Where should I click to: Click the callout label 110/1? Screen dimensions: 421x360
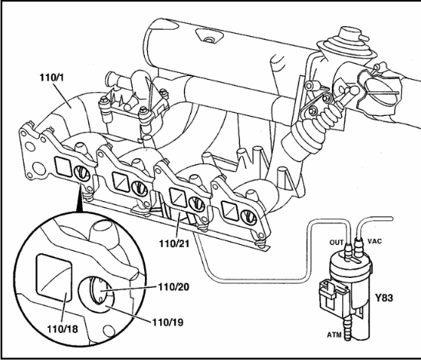[x=52, y=78]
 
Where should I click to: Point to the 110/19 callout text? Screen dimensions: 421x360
[x=168, y=322]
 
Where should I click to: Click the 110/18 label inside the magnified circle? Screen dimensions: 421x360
[x=63, y=329]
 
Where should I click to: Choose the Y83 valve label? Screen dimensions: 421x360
[x=384, y=298]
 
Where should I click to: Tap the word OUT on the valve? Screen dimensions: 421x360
[x=337, y=243]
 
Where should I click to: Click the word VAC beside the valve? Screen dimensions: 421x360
[x=374, y=241]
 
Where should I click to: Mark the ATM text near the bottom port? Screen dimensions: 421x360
[x=334, y=335]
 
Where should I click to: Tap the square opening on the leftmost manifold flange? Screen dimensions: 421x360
[x=64, y=167]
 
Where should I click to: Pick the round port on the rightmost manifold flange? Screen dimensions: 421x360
[x=248, y=216]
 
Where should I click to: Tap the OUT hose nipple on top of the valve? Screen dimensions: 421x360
[x=347, y=251]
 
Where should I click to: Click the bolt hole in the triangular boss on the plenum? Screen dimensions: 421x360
[x=208, y=40]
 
